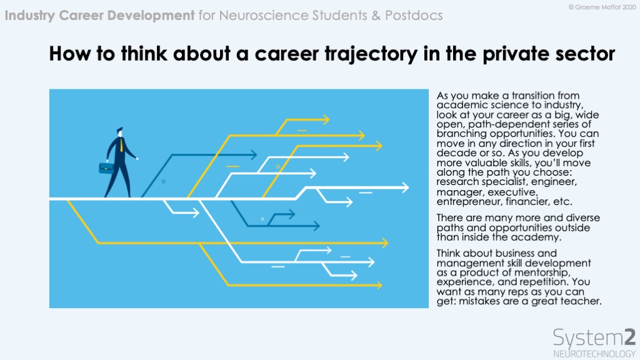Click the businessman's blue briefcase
[106, 167]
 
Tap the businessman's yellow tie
[121, 145]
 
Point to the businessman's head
[119, 132]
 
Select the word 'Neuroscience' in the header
[264, 16]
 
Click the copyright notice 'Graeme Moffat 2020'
[605, 7]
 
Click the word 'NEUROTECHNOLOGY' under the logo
[594, 354]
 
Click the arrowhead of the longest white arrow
[404, 187]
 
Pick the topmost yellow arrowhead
[325, 119]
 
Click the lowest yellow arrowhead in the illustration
[378, 285]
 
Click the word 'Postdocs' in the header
[414, 16]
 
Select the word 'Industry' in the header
[30, 16]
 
